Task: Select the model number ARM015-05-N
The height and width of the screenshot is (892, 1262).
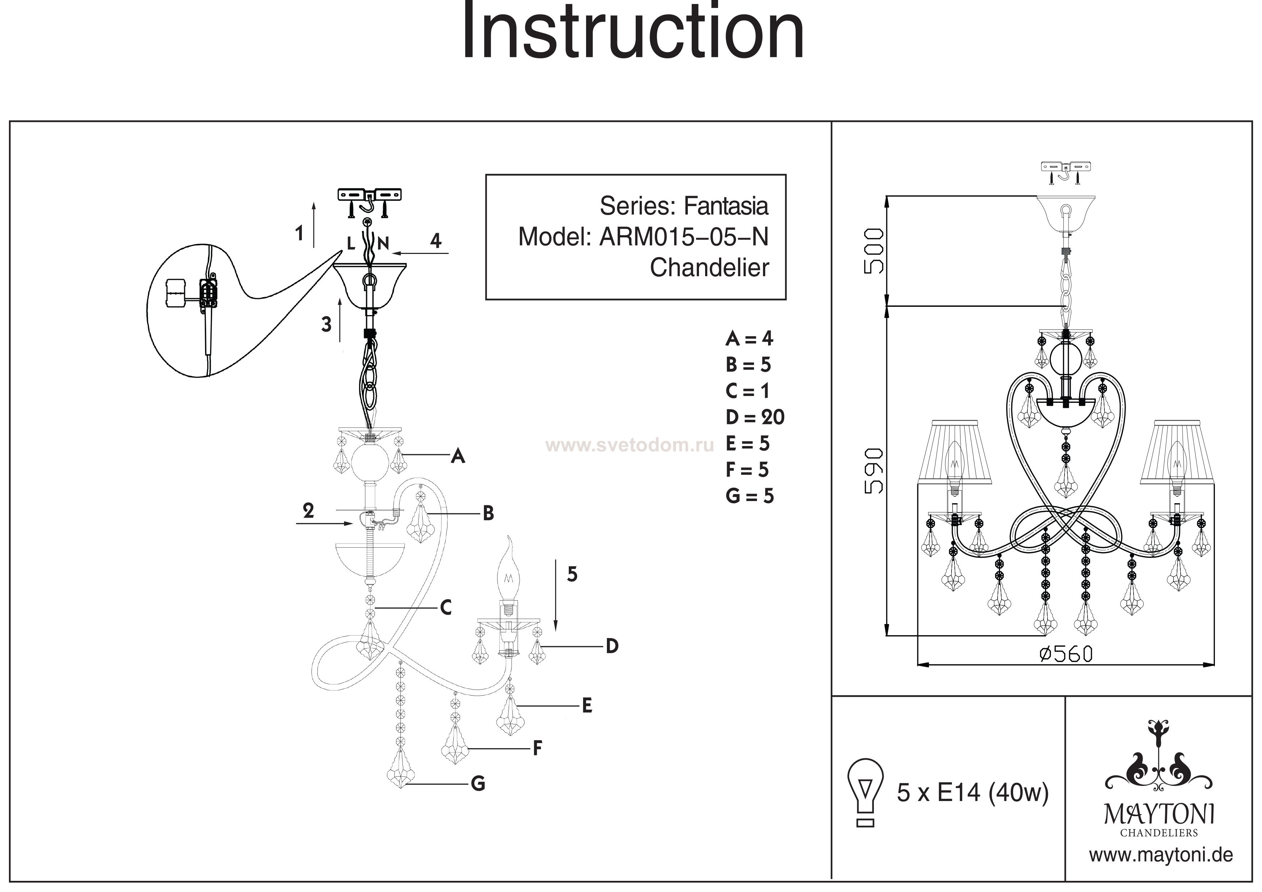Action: coord(684,237)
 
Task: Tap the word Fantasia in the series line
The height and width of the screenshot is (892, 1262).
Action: coord(726,206)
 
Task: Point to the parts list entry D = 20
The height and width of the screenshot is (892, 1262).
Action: coord(755,418)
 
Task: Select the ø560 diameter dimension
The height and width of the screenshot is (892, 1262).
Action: coord(1066,654)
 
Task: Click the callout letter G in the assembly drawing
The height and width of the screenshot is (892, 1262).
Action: coord(478,783)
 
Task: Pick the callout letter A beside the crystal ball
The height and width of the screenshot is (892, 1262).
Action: coord(458,456)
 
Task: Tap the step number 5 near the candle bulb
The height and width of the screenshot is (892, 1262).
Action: coord(572,574)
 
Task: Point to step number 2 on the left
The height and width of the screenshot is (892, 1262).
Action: coord(308,511)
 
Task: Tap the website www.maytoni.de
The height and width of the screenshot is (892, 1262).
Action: coord(1161,855)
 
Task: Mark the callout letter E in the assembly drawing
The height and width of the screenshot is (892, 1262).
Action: coord(587,706)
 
